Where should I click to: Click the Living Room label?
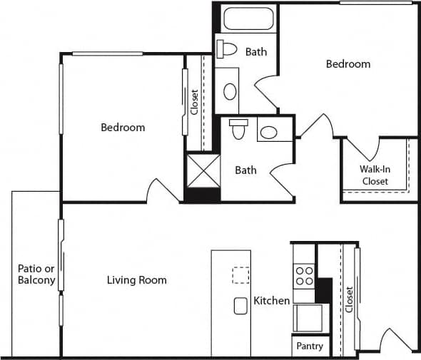coord(136,280)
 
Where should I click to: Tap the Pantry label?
coord(309,346)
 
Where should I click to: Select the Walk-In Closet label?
coord(375,175)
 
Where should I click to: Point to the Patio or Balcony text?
coord(36,274)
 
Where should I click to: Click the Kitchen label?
coord(272,301)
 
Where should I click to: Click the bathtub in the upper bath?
coord(249,18)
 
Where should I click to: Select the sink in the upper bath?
coord(230,91)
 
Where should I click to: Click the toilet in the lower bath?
coord(238,130)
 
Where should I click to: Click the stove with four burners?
coord(305,276)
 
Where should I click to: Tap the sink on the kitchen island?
coord(240,305)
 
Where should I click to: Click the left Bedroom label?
coord(123,128)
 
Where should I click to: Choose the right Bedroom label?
coord(348,64)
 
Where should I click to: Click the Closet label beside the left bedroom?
coord(194,101)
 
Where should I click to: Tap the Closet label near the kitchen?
coord(349,299)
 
